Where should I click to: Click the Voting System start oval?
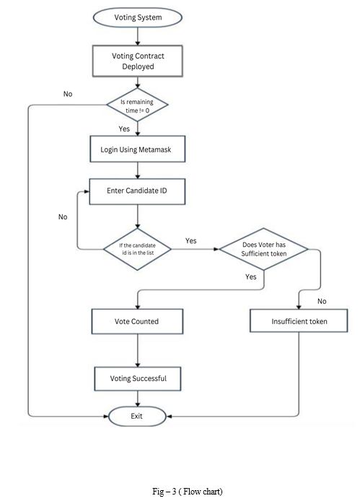(138, 17)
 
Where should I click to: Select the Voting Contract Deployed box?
(138, 61)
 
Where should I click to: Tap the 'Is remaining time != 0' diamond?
(137, 105)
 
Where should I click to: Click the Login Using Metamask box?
(138, 149)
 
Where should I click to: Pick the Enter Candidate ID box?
(137, 191)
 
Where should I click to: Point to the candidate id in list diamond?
(137, 249)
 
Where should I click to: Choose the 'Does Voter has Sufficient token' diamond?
(264, 249)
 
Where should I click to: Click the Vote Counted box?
(137, 321)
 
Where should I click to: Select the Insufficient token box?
(299, 321)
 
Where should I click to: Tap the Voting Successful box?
(138, 378)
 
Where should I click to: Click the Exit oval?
(137, 417)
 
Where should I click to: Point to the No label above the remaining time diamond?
(68, 94)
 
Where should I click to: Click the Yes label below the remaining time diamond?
(124, 128)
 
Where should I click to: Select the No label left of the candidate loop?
(63, 217)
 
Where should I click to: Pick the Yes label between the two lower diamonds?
(191, 240)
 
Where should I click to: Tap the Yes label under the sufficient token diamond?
(251, 276)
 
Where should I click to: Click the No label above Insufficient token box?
(322, 301)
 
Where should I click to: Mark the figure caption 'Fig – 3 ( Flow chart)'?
(188, 491)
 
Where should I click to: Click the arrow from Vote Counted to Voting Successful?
(138, 351)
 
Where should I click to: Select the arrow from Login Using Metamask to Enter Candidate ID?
(138, 170)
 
